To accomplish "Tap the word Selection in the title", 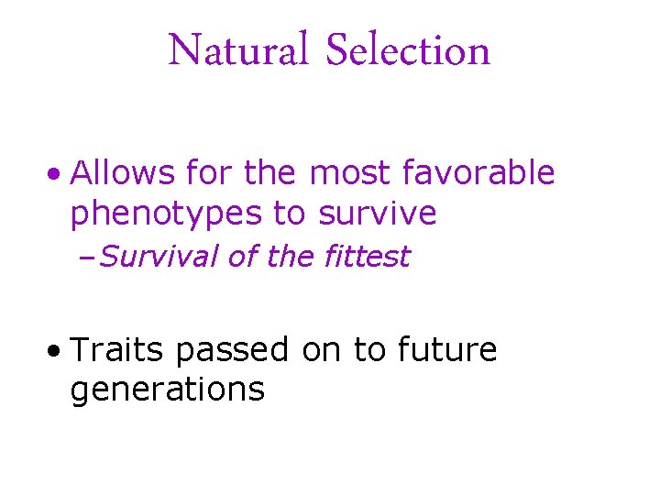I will [x=409, y=50].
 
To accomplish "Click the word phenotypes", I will [x=167, y=214].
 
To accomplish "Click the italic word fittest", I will [x=367, y=258].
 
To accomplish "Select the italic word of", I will [x=243, y=258].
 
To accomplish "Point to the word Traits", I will [x=117, y=349].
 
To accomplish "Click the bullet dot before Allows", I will [x=57, y=174].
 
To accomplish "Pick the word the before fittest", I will [x=291, y=258].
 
